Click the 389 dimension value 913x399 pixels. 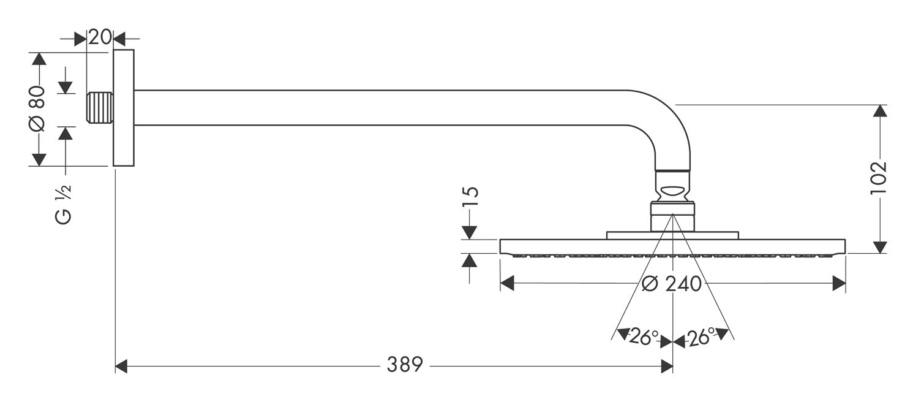pos(405,365)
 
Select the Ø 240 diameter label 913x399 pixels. pos(672,284)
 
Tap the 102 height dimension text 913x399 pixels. pos(878,178)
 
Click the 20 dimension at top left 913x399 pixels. pos(100,37)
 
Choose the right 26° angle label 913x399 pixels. pos(701,337)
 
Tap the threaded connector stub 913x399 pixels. pos(100,108)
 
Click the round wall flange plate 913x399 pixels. pos(124,108)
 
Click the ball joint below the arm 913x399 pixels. pos(672,187)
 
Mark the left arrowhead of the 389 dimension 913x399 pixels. pos(121,366)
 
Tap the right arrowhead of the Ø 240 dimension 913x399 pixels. pos(839,283)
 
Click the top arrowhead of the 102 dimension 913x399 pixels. pos(881,112)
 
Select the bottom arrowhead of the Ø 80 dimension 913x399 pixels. pos(39,159)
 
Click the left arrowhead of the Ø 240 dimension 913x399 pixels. pos(507,283)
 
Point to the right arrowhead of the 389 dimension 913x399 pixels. pos(666,366)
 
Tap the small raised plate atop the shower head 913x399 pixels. pos(672,235)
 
